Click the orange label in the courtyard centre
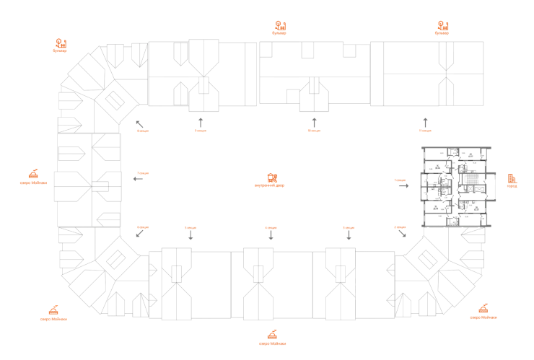pos(272,180)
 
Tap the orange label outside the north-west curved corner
pos(61,46)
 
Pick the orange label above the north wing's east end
pos(442,28)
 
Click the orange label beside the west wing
pos(33,177)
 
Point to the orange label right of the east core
pos(512,180)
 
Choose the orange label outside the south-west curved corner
pos(52,314)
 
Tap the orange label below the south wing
pos(272,337)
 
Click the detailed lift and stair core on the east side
pos(457,184)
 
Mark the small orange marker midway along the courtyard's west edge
pos(143,174)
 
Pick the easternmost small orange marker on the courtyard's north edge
pos(424,131)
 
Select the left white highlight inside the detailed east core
pos(433,188)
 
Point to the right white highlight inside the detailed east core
pos(470,203)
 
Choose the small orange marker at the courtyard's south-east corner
pos(400,228)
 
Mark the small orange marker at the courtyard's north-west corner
pos(142,131)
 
